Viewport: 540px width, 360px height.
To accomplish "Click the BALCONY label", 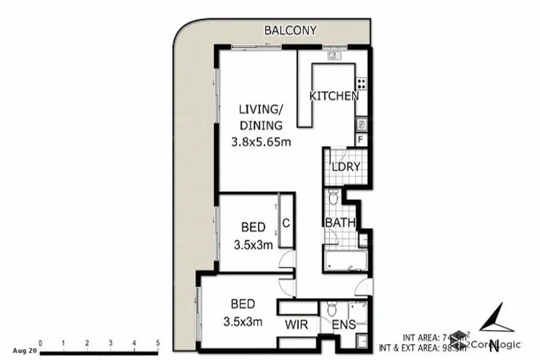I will tap(292, 31).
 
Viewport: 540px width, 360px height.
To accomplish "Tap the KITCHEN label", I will tap(334, 96).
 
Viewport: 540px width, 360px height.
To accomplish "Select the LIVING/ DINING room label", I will tap(260, 118).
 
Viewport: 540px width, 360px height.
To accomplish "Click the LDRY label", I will tap(345, 167).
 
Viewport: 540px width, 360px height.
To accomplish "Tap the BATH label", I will tap(340, 223).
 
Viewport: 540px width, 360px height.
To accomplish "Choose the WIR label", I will tap(296, 325).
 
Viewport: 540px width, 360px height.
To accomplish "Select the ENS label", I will tap(344, 325).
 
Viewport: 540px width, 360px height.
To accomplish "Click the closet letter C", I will tap(286, 223).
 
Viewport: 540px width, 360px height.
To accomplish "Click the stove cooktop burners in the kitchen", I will tap(362, 84).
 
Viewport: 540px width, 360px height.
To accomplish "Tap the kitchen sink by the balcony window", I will tap(334, 56).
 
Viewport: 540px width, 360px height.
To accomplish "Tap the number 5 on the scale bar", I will tap(158, 343).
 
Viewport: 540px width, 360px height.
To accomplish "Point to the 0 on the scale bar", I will tap(40, 343).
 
